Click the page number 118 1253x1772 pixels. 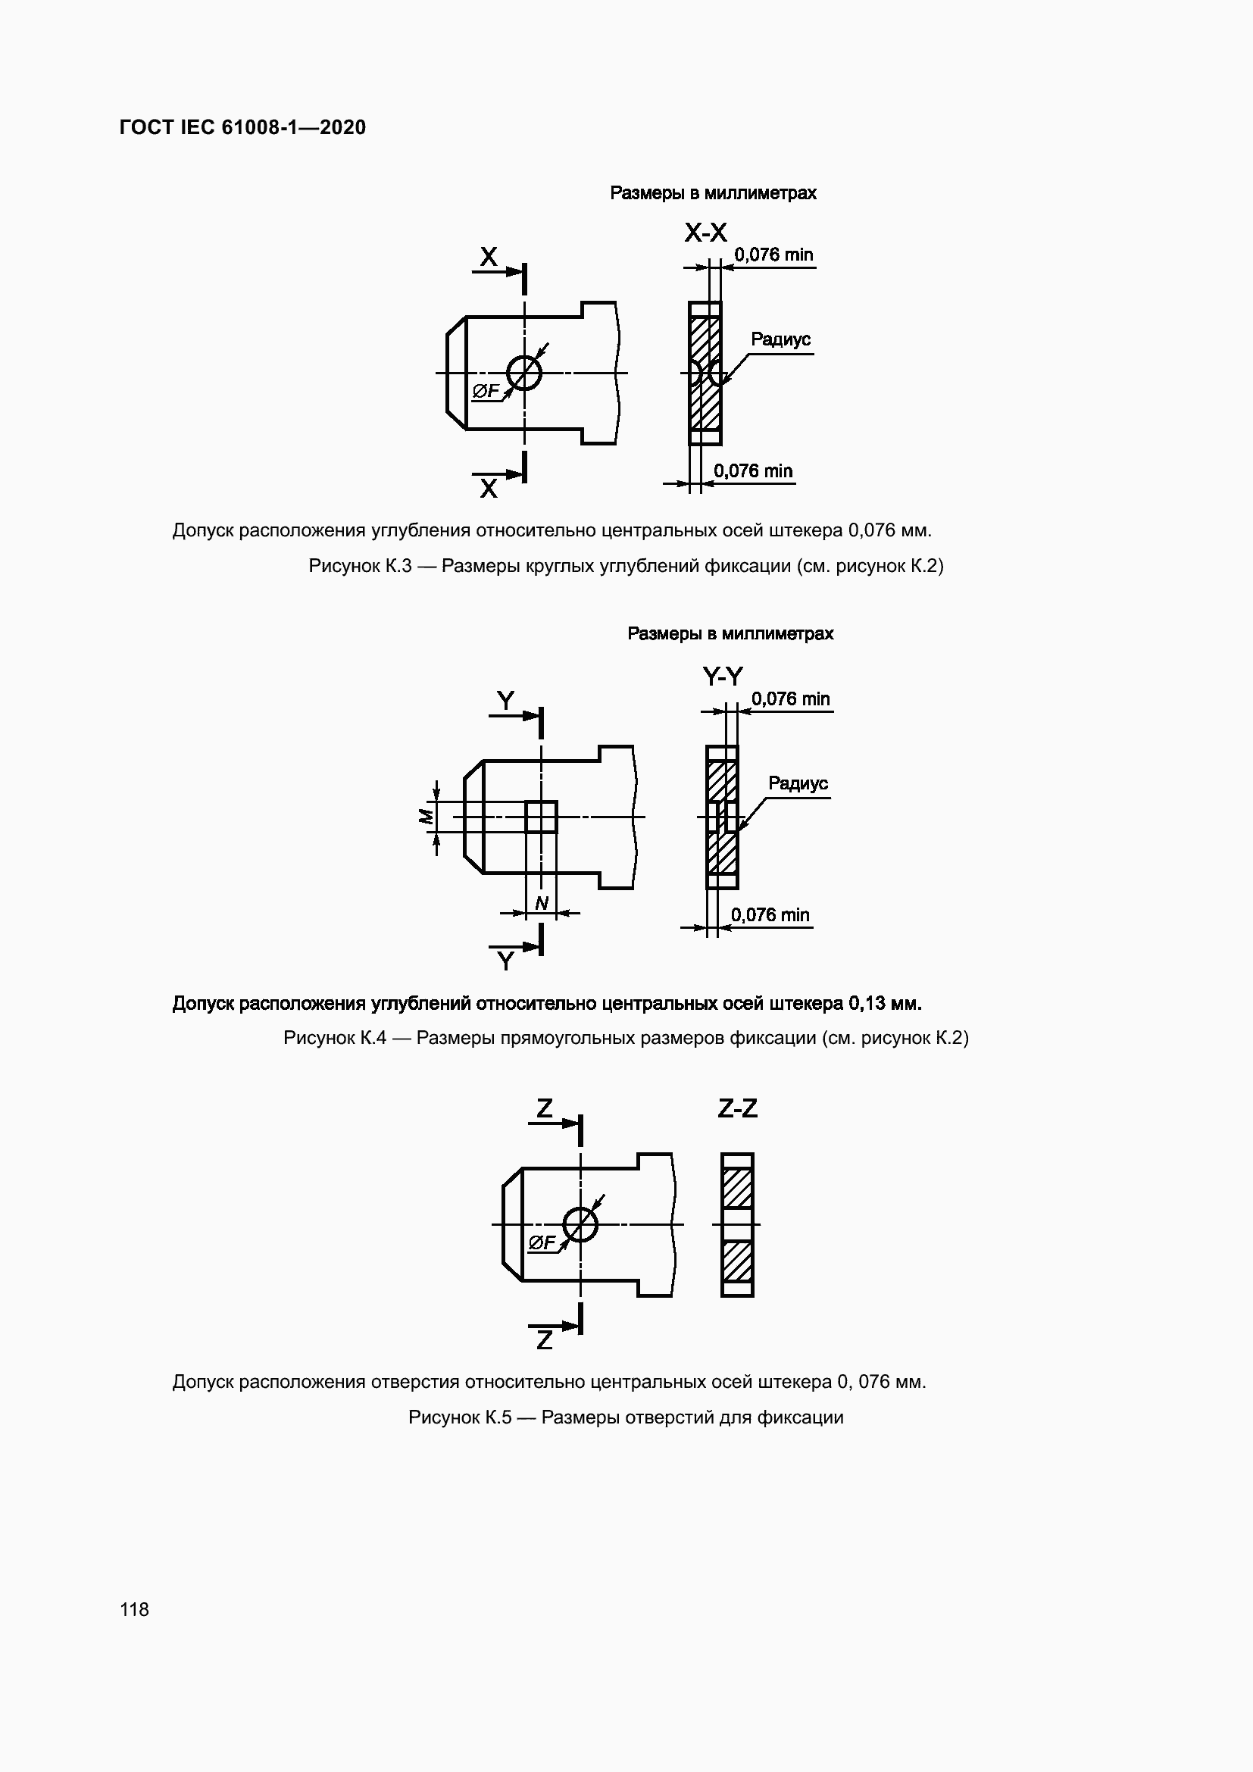(134, 1609)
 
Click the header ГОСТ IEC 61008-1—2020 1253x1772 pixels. (242, 127)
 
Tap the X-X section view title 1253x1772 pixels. (705, 233)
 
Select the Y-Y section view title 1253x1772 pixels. (722, 677)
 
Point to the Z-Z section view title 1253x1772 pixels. (738, 1108)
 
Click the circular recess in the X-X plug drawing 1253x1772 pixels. (525, 373)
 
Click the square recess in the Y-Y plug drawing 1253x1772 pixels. (541, 817)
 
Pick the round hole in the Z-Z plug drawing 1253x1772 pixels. (580, 1224)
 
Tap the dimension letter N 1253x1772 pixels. (542, 903)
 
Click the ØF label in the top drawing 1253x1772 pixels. (486, 391)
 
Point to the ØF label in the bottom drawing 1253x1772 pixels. (542, 1242)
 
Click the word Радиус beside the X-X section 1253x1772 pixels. (780, 339)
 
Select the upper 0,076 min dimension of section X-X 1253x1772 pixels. (773, 255)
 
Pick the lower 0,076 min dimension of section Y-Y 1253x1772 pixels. (770, 914)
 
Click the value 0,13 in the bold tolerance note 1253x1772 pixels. (865, 1003)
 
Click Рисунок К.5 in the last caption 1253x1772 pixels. (460, 1417)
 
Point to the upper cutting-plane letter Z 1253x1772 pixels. (545, 1108)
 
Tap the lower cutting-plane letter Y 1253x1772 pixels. (505, 961)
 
